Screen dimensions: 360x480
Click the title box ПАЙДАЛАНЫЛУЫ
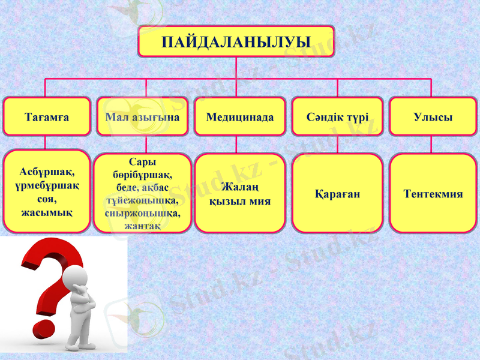coord(236,41)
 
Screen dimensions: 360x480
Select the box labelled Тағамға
coord(46,117)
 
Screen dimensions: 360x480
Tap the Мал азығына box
coord(142,117)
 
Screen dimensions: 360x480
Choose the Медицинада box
coord(239,117)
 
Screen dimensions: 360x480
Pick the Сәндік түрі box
coord(337,117)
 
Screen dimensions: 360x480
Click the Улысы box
coord(433,117)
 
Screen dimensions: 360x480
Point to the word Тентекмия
coord(433,194)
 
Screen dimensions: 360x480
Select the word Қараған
coord(337,194)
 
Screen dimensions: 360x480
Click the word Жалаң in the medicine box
coord(239,187)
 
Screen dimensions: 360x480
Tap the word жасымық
coord(46,212)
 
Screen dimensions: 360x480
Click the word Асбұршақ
coord(46,172)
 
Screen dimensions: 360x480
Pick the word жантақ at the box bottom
coord(142,225)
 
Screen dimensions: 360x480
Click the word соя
coord(46,199)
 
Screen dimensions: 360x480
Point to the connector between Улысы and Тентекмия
coord(431,144)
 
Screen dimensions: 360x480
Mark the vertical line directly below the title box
coord(236,67)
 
